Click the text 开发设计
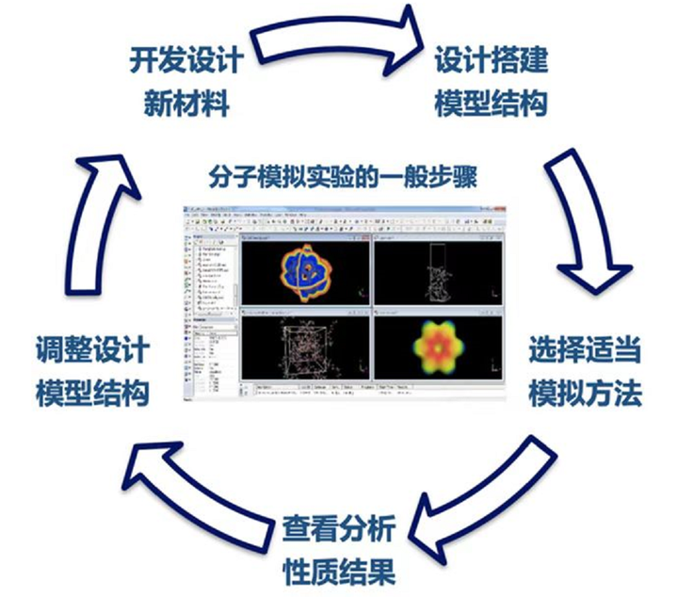(x=186, y=61)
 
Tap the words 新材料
(x=186, y=103)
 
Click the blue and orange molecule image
(x=305, y=270)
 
